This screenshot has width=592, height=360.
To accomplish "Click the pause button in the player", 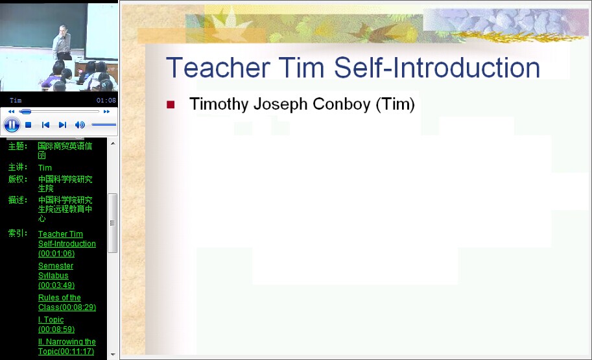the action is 12,125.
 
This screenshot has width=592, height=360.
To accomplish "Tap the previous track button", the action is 45,125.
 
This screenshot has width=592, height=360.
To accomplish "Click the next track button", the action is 63,125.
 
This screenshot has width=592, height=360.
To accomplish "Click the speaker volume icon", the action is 80,125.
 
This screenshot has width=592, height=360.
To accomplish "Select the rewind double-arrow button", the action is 11,112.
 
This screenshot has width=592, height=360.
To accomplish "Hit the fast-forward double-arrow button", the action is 106,112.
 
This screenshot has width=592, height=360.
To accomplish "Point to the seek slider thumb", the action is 25,112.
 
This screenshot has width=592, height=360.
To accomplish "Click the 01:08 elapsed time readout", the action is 106,100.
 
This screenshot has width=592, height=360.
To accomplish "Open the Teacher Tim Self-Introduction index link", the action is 67,244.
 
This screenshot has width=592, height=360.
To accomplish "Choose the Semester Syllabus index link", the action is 56,276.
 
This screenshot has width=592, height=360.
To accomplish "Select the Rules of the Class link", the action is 67,302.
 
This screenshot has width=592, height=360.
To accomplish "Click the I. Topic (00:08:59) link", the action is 56,324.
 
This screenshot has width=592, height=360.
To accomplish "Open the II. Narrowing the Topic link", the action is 67,346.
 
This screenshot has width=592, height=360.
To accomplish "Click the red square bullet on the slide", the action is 171,104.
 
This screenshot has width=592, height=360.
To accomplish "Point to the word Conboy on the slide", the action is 341,104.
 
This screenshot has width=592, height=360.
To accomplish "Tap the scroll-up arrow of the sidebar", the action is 113,143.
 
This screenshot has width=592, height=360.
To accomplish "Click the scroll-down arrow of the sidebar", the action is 113,355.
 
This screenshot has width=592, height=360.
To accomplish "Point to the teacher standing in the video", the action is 62,42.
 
